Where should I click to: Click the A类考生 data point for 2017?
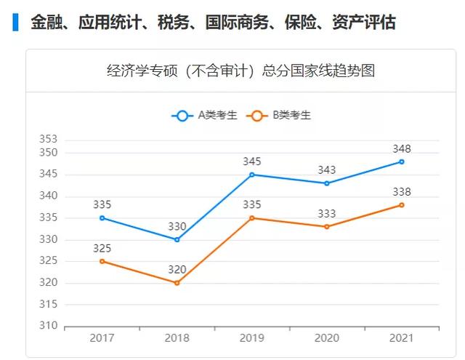click(x=102, y=217)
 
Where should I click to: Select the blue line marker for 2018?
click(x=177, y=239)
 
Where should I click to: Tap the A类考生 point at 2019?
click(x=252, y=175)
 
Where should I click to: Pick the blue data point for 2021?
click(x=402, y=161)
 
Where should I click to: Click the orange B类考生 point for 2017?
click(x=102, y=261)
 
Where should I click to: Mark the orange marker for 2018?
click(x=177, y=283)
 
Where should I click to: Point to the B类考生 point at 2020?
click(x=327, y=226)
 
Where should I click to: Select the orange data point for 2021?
click(x=402, y=205)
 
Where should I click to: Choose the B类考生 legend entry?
click(x=279, y=115)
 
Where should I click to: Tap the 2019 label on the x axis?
click(x=252, y=338)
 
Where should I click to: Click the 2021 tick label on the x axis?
click(x=402, y=338)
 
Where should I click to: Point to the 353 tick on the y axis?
click(x=48, y=139)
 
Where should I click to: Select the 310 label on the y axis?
click(x=48, y=326)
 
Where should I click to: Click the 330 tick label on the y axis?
click(x=48, y=239)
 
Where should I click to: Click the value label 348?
click(x=402, y=148)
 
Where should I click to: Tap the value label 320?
click(x=177, y=270)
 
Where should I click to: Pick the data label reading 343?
click(x=327, y=170)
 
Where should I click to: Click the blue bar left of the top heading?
click(x=16, y=22)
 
